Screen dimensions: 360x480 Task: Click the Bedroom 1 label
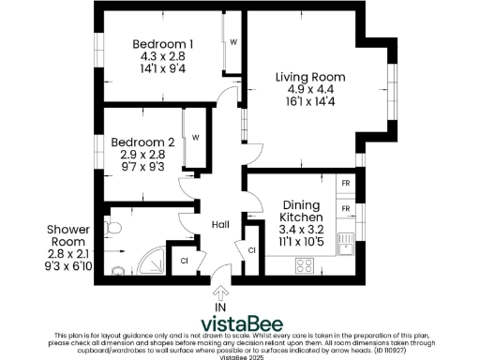(x=163, y=44)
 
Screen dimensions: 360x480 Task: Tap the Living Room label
(x=310, y=77)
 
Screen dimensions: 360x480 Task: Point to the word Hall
(x=221, y=225)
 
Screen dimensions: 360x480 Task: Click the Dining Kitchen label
(x=300, y=210)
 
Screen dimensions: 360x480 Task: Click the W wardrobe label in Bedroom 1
(x=232, y=43)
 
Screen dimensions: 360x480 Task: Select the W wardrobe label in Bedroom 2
(x=195, y=138)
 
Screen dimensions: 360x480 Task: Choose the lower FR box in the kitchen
(x=345, y=207)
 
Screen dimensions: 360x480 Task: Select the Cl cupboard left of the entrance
(x=185, y=260)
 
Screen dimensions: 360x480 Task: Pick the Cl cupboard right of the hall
(x=251, y=250)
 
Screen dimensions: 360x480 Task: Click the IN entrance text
(x=221, y=307)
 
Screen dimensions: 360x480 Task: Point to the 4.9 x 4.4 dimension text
(x=310, y=90)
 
